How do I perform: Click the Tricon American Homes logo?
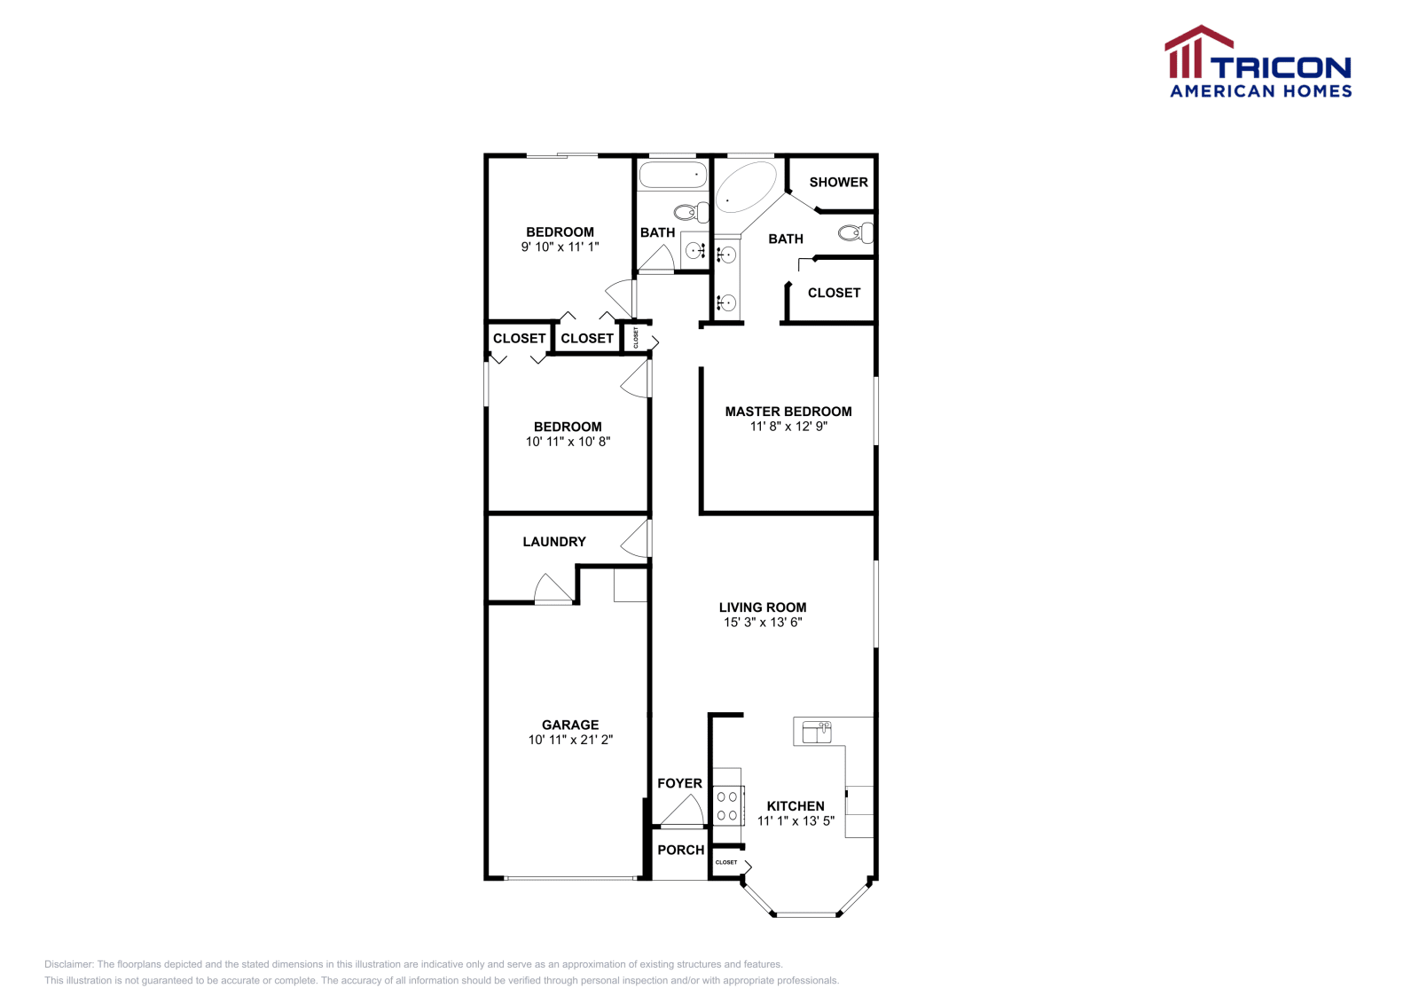(x=1258, y=62)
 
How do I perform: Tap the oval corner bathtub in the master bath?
(x=745, y=187)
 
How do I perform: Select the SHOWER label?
(x=838, y=182)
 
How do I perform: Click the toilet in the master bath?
(x=856, y=233)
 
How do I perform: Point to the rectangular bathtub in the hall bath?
(x=673, y=175)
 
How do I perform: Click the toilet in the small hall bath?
(x=691, y=212)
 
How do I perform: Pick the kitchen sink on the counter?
(x=817, y=732)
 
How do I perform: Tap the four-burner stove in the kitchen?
(x=727, y=805)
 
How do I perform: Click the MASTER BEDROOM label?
(x=788, y=412)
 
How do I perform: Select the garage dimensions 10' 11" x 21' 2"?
(x=570, y=740)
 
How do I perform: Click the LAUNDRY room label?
(x=554, y=542)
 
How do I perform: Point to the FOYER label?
(x=679, y=783)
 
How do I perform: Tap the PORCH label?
(x=681, y=850)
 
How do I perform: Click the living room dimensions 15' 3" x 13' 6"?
(x=763, y=623)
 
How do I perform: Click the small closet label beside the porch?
(x=726, y=862)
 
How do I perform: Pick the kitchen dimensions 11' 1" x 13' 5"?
(x=796, y=821)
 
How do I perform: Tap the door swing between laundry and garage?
(x=552, y=590)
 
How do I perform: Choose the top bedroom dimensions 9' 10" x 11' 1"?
(x=560, y=247)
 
